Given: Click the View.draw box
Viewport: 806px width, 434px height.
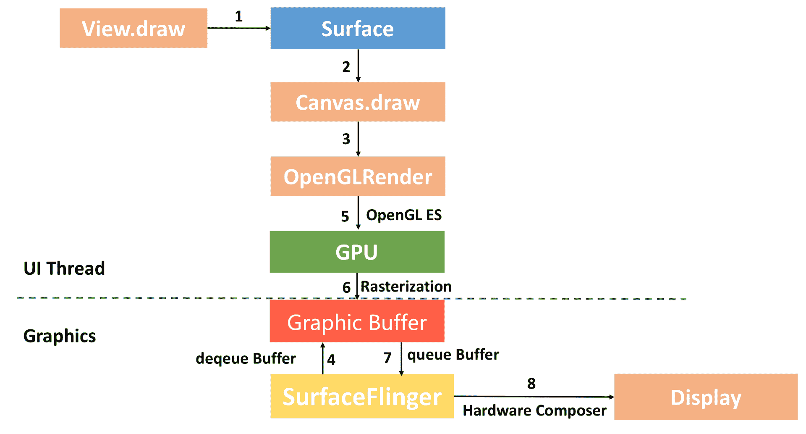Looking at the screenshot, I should pos(133,28).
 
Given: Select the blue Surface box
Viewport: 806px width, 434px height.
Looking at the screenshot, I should pos(358,28).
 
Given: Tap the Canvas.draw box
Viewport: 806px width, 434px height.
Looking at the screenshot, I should pos(358,102).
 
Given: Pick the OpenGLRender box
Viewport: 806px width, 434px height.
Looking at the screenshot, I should pos(358,176).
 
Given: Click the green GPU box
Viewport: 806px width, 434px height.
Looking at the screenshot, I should pos(357,252).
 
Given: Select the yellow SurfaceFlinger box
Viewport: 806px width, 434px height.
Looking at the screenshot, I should pos(362,396).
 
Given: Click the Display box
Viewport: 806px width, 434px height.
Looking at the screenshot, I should pos(706,397).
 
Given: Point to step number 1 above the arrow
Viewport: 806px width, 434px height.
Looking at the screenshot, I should pos(239,16).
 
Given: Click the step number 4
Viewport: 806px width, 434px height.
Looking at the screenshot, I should pos(331,360).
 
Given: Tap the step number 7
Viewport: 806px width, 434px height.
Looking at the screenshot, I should pos(387,358).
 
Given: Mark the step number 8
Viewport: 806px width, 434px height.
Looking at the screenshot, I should pos(531,383).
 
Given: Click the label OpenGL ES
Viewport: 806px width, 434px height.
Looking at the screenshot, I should pos(404,215).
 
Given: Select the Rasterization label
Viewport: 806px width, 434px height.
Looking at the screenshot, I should pos(406,287).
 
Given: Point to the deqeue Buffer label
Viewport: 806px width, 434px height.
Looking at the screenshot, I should pos(246,358).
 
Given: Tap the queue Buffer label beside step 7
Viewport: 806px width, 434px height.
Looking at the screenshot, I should pos(453,355).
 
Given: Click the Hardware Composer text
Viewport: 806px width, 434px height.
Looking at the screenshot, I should pos(534,410).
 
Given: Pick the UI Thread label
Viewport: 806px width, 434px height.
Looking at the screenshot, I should pos(64,268).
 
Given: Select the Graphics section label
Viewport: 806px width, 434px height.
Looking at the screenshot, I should pos(60,336).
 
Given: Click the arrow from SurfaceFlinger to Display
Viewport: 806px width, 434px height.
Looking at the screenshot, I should pos(533,397).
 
